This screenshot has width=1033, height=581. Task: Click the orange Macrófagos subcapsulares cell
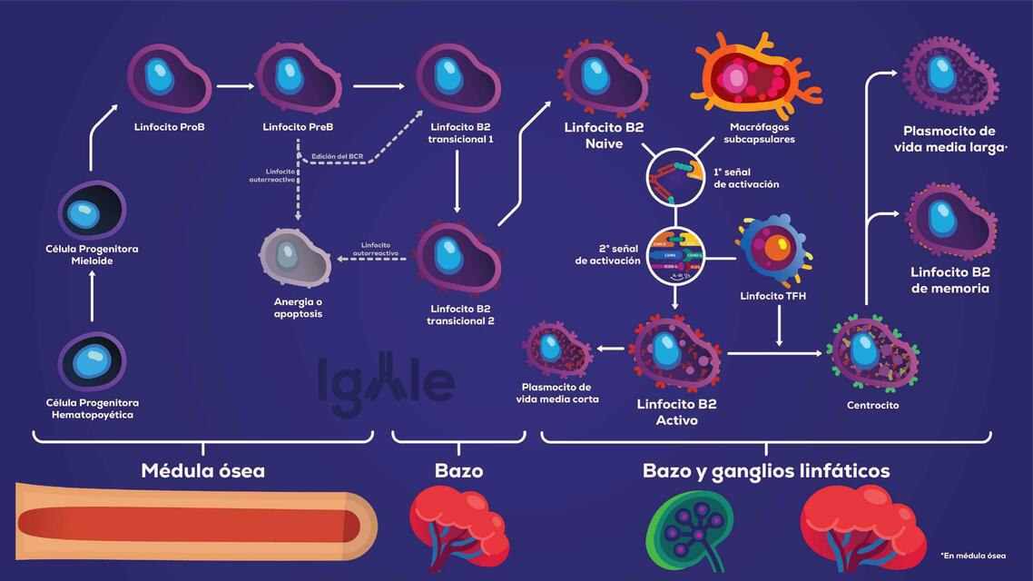pyautogui.click(x=755, y=78)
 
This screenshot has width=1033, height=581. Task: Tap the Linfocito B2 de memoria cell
pyautogui.click(x=949, y=221)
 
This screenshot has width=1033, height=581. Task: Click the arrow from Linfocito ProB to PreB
pyautogui.click(x=235, y=87)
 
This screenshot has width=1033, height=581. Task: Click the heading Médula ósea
pyautogui.click(x=203, y=471)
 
